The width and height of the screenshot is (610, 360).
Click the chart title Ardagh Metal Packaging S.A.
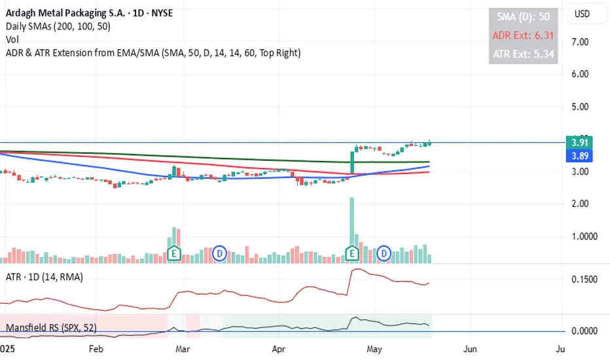[x=58, y=14]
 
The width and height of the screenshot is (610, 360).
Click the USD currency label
[x=581, y=14]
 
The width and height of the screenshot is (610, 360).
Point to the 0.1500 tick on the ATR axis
[x=585, y=279]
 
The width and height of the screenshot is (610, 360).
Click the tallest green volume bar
[x=351, y=223]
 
